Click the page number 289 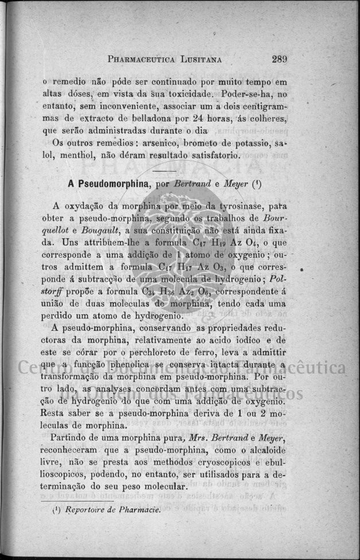(280, 59)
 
